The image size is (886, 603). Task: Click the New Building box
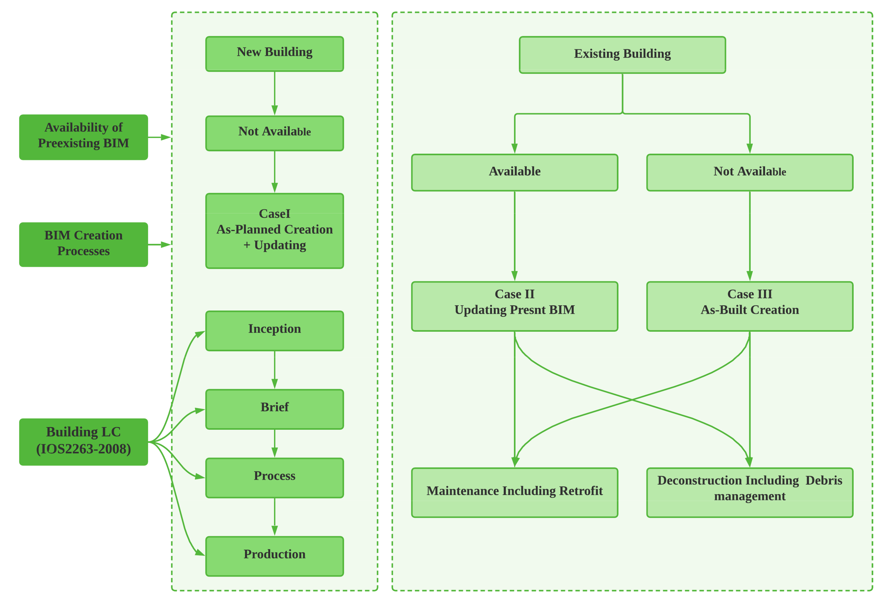pos(274,54)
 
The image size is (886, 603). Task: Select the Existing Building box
pos(622,55)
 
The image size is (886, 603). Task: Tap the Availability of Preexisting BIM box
pos(83,137)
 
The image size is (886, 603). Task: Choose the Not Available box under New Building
pos(274,133)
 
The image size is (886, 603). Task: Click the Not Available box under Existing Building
pos(750,172)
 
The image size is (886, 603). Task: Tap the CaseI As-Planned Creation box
pos(274,231)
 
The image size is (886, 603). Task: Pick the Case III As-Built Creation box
pos(750,306)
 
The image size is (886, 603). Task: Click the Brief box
pos(274,409)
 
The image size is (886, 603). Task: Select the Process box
pos(274,478)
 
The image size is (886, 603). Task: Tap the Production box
pos(274,556)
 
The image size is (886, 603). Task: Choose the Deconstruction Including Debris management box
pos(750,492)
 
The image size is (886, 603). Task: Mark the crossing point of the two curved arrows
pos(632,400)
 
